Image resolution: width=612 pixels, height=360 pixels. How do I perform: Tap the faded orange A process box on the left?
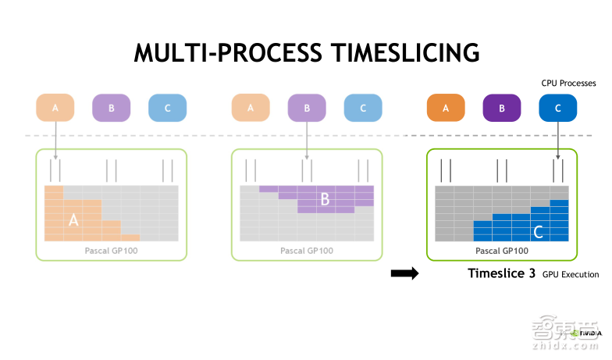point(55,108)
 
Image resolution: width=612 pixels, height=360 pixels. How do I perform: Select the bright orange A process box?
point(446,108)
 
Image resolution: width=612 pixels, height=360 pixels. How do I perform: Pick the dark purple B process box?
point(502,108)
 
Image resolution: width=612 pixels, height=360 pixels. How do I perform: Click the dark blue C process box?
point(557,108)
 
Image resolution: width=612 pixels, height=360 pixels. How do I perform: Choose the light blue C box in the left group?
point(167,108)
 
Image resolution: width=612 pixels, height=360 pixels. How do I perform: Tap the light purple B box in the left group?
point(112,108)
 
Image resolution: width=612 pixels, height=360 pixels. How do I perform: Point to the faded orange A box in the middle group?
point(251,108)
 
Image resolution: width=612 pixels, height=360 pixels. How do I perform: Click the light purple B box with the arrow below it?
point(307,108)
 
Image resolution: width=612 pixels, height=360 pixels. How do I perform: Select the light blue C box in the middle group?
point(362,108)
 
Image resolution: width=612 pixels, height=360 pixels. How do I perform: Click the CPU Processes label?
point(568,82)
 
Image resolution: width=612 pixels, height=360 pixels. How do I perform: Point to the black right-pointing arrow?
point(405,273)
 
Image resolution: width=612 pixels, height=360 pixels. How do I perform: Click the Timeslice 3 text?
point(501,273)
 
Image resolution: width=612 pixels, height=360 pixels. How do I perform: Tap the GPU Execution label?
point(571,275)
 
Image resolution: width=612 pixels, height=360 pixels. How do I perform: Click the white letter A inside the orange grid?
point(73,220)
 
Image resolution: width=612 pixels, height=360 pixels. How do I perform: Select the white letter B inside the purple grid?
point(325,199)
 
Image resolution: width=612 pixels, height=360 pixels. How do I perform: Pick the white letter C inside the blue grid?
point(538,232)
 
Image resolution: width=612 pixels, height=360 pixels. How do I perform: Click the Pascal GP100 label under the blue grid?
point(502,251)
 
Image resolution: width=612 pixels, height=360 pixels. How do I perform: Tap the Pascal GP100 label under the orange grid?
point(111,251)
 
